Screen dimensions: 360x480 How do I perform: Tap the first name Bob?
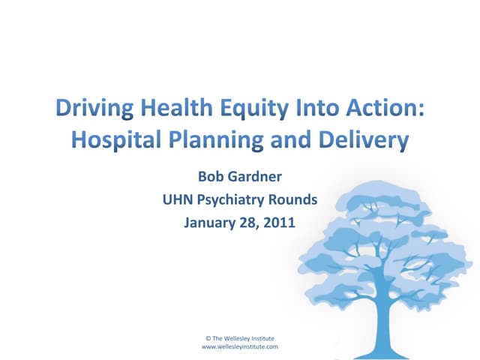click(x=210, y=178)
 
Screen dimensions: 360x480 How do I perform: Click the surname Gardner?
click(x=254, y=178)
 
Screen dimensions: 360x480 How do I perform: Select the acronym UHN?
click(x=177, y=200)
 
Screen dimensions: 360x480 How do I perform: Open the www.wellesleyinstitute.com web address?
click(x=240, y=347)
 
